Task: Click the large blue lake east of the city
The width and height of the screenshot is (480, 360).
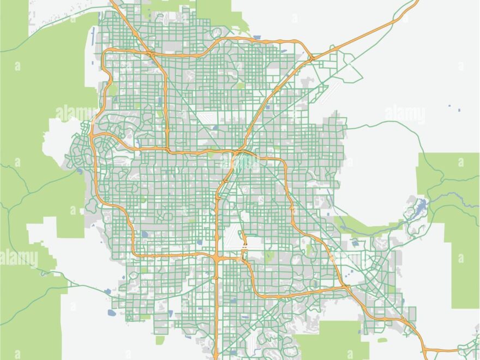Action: point(419,206)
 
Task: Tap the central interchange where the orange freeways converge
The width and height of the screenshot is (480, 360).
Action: point(238,152)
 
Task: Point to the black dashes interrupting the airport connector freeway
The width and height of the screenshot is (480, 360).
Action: point(244,248)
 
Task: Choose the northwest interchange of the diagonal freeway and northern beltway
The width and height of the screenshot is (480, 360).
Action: point(151,54)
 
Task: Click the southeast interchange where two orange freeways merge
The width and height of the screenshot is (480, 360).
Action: point(346,287)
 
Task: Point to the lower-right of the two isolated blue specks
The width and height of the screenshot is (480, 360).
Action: point(459,111)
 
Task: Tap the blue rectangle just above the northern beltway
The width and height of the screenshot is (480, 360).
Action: point(257,38)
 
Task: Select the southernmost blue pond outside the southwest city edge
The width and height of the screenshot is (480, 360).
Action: point(112,313)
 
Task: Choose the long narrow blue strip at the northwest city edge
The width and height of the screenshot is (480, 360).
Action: point(93,35)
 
